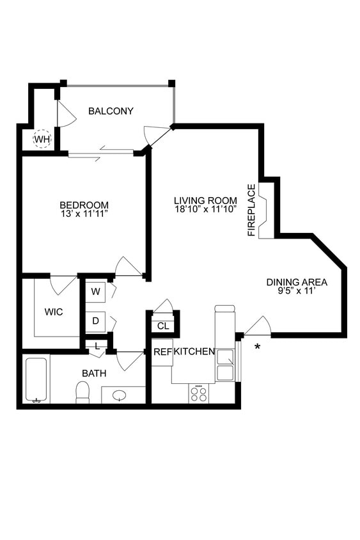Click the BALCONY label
click(x=111, y=111)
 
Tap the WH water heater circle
click(x=42, y=139)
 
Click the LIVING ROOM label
click(x=205, y=199)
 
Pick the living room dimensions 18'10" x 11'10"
click(x=205, y=209)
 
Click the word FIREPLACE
click(x=252, y=210)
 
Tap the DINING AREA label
click(x=297, y=282)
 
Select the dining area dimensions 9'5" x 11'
click(x=297, y=292)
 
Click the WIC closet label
click(x=54, y=312)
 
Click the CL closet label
click(x=163, y=326)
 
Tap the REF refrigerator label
click(x=162, y=352)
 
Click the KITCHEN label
click(x=194, y=352)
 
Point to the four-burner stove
click(x=200, y=393)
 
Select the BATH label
click(x=94, y=373)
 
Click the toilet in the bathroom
click(x=82, y=392)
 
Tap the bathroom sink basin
click(x=120, y=395)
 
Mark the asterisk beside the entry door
click(x=258, y=347)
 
